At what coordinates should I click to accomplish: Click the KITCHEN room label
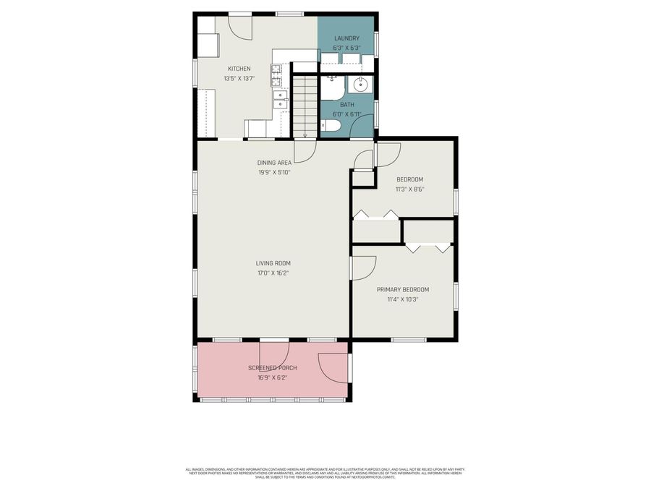click(239, 69)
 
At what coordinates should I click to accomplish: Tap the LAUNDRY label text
click(346, 38)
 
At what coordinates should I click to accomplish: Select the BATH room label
click(347, 105)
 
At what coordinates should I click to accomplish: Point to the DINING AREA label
click(274, 163)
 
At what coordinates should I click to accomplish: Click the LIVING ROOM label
click(273, 263)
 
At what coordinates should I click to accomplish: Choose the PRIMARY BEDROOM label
click(403, 289)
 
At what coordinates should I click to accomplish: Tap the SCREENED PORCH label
click(272, 368)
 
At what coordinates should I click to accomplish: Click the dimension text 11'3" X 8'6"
click(409, 189)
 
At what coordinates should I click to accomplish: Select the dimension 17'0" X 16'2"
click(273, 273)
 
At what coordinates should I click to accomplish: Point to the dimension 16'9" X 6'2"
click(272, 377)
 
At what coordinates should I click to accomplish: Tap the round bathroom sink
click(360, 85)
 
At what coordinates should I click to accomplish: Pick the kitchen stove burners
click(276, 70)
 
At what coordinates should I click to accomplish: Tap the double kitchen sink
click(280, 99)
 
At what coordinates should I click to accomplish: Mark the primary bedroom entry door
click(364, 267)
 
